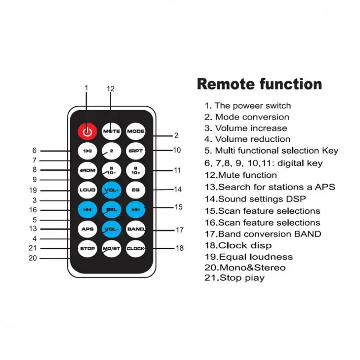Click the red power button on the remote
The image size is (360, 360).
tap(87, 131)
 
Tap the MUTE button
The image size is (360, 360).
tap(111, 131)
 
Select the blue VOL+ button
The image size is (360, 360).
tap(111, 190)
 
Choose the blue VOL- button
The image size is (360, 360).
tap(111, 229)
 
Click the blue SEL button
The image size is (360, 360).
tap(111, 209)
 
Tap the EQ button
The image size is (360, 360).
tap(135, 190)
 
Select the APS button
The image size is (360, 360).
tap(87, 229)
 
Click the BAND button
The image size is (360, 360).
tap(135, 229)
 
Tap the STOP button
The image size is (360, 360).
tap(87, 248)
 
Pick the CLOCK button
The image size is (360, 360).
tap(135, 248)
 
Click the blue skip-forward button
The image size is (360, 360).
tap(135, 209)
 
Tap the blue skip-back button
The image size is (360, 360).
tap(87, 209)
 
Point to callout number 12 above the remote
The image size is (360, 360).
tap(111, 89)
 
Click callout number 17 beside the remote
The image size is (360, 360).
tap(180, 230)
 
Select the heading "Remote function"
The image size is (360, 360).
tap(259, 84)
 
